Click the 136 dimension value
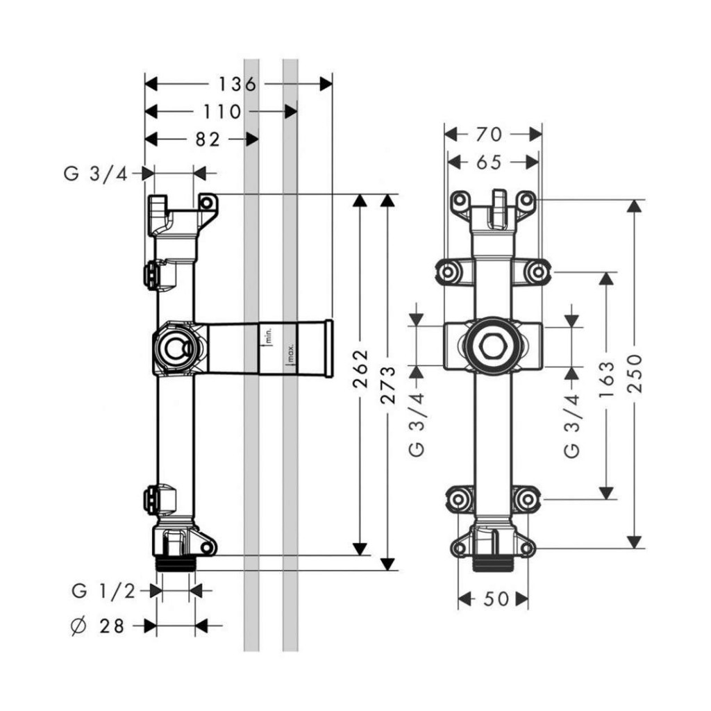pos(237,85)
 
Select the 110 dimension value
pos(222,112)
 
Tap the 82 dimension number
pos(207,140)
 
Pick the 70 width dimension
pos(494,134)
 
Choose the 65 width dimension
pos(490,162)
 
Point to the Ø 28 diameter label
pos(98,626)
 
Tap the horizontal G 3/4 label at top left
pos(96,174)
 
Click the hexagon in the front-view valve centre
pos(493,345)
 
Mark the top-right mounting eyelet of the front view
pos(527,201)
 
